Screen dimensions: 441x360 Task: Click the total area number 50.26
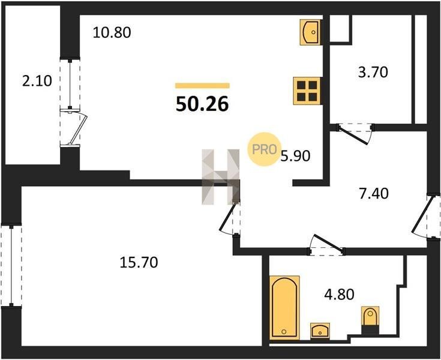(202, 104)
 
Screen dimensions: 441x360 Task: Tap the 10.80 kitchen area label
(112, 32)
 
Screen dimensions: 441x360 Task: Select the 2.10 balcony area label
(37, 81)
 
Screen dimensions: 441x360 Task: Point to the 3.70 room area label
(373, 72)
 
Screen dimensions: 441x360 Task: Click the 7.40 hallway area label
(374, 193)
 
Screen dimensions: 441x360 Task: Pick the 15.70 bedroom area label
(139, 262)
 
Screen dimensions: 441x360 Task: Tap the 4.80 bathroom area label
(339, 295)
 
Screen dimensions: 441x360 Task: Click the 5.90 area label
(295, 156)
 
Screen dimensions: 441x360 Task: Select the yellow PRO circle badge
(264, 149)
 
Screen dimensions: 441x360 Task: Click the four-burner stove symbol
(307, 91)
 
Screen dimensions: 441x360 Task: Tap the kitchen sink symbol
(311, 32)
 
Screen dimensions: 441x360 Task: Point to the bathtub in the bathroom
(284, 307)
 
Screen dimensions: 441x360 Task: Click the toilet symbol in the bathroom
(370, 320)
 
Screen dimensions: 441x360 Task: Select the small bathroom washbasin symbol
(320, 331)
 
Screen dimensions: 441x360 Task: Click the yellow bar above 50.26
(203, 86)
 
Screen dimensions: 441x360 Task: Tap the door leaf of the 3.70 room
(353, 136)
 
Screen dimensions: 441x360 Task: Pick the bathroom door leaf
(329, 242)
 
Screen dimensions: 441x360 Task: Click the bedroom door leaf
(228, 216)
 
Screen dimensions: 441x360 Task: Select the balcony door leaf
(79, 128)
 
